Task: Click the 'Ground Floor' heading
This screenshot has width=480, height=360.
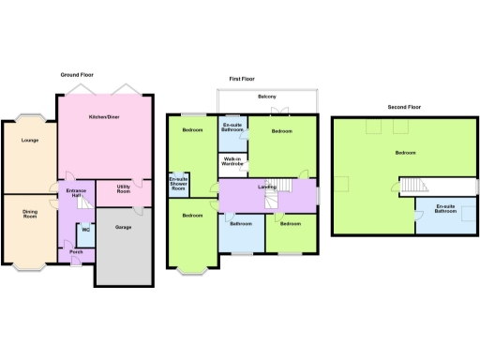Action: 80,73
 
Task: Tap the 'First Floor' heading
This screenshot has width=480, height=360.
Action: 242,80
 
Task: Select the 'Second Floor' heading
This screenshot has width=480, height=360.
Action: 404,108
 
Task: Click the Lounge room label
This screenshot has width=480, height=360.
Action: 28,141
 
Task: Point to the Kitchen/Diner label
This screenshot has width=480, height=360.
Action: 103,116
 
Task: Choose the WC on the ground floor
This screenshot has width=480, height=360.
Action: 85,229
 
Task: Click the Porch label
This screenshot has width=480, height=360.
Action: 76,252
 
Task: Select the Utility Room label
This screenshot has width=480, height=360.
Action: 123,189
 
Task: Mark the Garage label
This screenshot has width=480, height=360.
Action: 123,227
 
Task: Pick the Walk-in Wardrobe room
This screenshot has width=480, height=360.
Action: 232,162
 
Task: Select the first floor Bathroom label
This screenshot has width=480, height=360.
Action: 240,223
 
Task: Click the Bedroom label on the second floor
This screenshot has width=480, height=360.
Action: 405,152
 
